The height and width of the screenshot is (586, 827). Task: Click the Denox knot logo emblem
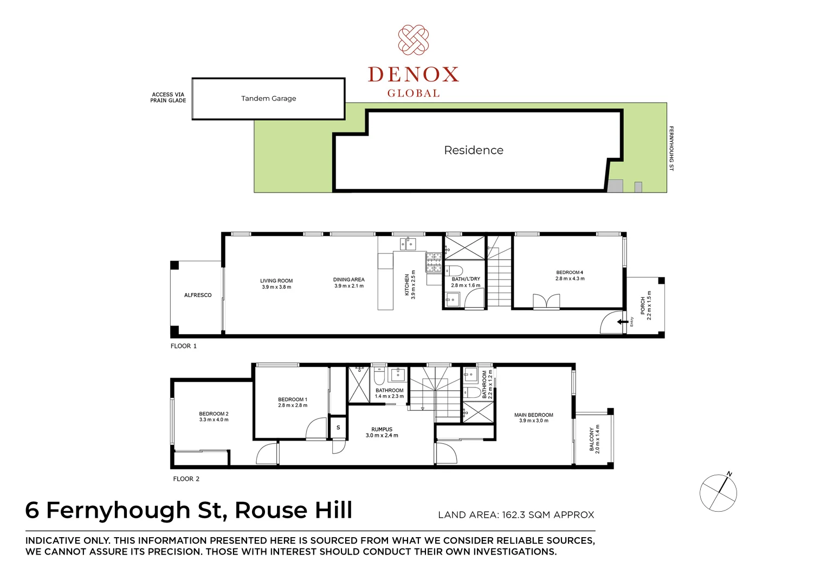coord(413,40)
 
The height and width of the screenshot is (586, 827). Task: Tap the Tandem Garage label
coord(268,98)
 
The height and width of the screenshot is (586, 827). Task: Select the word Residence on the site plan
coord(474,150)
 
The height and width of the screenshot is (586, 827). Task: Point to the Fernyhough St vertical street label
coord(671,148)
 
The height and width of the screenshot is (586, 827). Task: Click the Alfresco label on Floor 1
coord(198,295)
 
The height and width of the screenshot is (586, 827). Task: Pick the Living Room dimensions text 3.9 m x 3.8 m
coord(276,287)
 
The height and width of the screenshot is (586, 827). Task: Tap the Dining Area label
coord(349,279)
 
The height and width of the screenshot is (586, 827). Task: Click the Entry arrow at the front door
coord(623,322)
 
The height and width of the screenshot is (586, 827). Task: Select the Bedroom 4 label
coord(570,272)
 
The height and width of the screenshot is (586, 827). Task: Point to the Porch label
coord(643,305)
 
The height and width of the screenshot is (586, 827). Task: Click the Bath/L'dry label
coord(466,279)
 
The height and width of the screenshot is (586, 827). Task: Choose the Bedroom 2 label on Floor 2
coord(214,413)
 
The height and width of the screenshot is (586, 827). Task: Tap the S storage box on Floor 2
coord(338,428)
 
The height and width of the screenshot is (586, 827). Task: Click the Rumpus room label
coord(382,429)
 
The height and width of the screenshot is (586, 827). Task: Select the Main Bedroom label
coord(534,415)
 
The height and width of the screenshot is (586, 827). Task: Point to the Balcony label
coord(591,439)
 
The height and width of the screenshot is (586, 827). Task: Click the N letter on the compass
coord(729,474)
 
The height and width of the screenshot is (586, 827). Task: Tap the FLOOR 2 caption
coord(186,479)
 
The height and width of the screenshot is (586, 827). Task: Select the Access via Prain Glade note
coord(168,98)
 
